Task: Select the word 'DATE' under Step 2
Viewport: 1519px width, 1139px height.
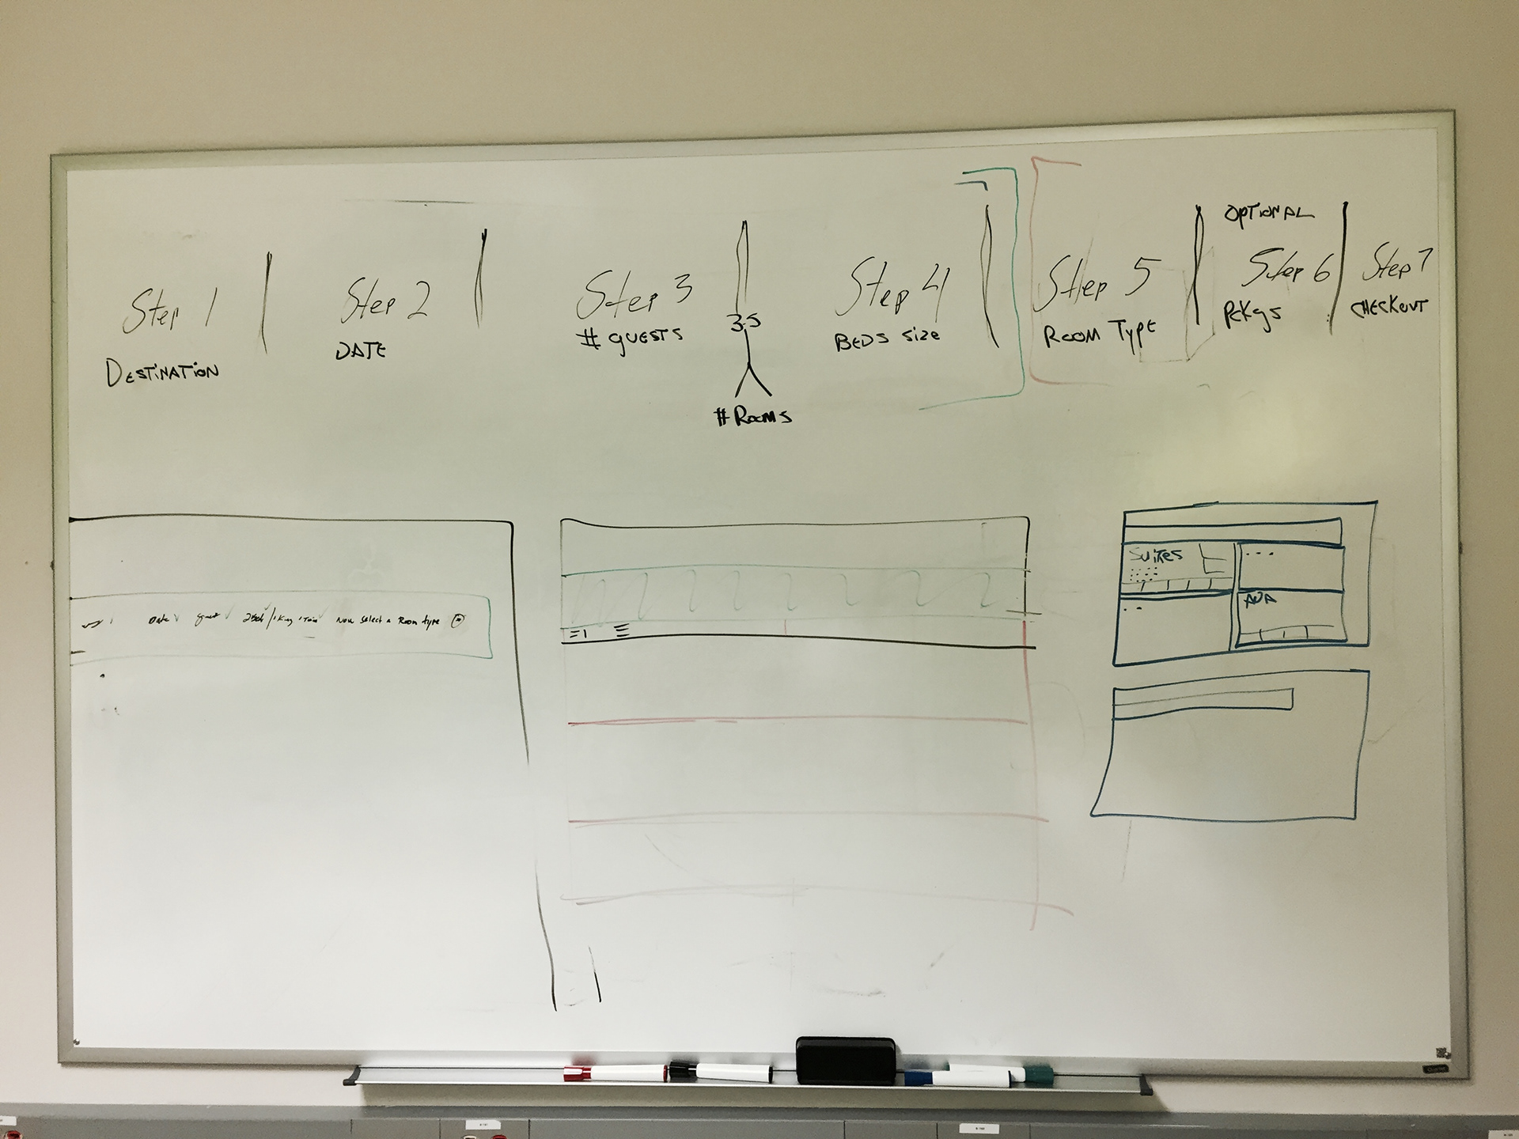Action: point(361,350)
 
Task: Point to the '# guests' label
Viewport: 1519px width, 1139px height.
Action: point(629,338)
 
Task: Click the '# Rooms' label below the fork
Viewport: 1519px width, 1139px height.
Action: point(752,417)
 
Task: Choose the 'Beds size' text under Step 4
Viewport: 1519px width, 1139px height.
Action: point(887,339)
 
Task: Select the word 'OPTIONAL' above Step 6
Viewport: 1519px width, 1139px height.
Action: point(1268,214)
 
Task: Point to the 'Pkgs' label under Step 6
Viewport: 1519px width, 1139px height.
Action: point(1252,314)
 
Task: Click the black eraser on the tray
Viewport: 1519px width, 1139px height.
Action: point(846,1061)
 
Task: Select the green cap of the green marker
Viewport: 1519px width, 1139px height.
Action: point(1036,1073)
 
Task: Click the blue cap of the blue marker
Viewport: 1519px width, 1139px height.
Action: point(917,1077)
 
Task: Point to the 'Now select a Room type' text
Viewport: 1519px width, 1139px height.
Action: point(388,622)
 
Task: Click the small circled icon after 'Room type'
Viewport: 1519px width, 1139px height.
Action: point(457,621)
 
